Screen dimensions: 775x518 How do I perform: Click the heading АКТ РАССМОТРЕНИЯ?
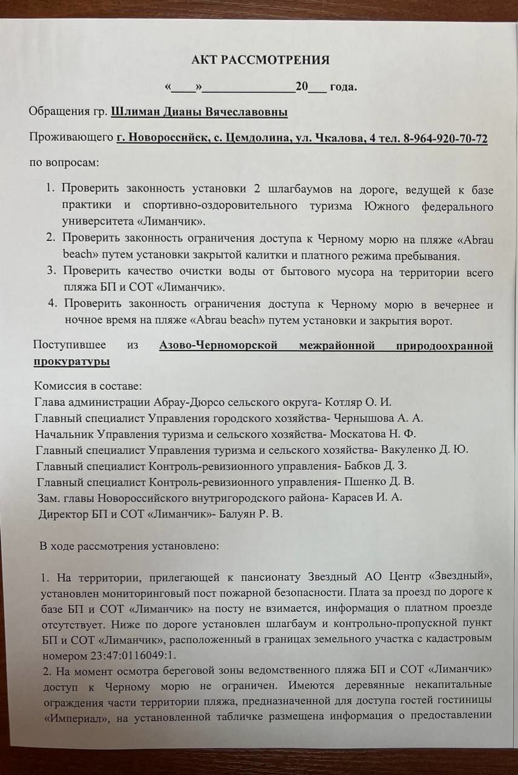[x=260, y=60]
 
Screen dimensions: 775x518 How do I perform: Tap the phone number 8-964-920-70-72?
[x=446, y=138]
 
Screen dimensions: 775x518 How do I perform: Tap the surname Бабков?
[x=363, y=466]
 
